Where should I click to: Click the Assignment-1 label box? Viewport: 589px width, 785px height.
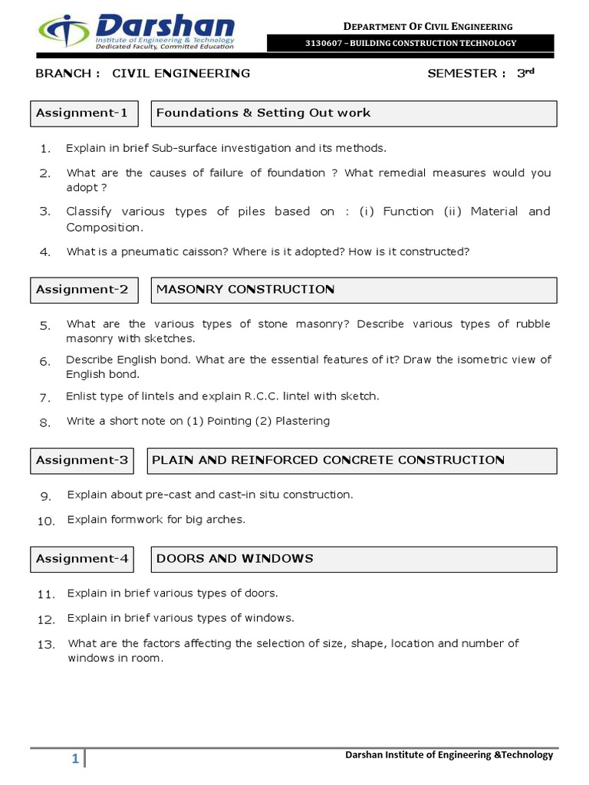84,113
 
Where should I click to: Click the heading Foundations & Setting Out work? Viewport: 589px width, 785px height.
263,113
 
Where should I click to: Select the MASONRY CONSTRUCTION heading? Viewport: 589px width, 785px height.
245,290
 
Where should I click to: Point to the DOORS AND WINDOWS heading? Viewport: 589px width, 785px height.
235,559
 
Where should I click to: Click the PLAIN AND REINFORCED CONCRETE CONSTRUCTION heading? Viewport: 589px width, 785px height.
328,461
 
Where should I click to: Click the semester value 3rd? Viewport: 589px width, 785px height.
525,74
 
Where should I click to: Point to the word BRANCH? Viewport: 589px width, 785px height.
64,74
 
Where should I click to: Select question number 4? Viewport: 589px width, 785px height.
45,252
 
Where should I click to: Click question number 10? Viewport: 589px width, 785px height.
46,521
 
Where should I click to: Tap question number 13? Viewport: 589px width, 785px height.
46,645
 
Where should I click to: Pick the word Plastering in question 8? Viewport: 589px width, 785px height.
302,421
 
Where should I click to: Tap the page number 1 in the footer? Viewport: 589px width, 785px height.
75,759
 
